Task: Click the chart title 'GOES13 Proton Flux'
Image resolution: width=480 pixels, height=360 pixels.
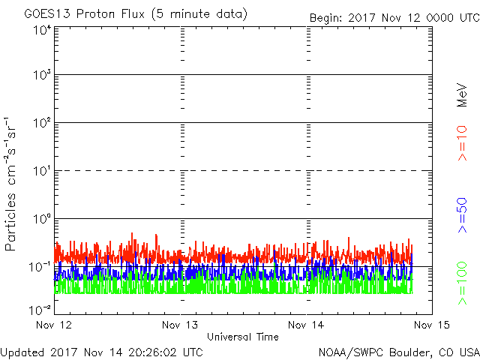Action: [84, 14]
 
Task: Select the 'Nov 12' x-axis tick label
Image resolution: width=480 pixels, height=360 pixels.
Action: [54, 325]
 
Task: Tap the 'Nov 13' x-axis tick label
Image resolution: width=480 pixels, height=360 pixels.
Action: [180, 325]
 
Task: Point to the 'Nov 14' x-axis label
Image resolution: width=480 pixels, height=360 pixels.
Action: [306, 325]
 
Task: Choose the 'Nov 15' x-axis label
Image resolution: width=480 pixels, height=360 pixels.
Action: [432, 325]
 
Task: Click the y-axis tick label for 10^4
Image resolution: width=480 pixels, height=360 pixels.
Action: [42, 31]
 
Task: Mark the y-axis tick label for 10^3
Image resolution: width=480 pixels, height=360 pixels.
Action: [42, 75]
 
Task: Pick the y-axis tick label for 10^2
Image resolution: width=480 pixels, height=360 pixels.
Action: [42, 123]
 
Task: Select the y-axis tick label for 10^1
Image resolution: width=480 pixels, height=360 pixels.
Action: [42, 171]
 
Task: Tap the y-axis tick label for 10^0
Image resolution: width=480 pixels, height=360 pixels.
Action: [42, 219]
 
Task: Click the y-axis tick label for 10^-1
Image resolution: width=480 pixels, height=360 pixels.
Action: [40, 267]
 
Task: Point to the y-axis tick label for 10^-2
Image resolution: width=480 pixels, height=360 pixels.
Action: [40, 310]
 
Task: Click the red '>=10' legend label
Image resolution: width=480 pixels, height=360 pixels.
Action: [462, 143]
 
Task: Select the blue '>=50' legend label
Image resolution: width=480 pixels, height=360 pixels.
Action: [462, 215]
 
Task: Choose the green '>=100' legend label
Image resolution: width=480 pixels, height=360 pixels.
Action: [462, 283]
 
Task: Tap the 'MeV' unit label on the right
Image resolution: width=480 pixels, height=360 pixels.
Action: [462, 95]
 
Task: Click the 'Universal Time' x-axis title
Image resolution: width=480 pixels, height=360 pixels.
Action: [243, 337]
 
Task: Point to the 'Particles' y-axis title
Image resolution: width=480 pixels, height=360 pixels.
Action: [10, 222]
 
